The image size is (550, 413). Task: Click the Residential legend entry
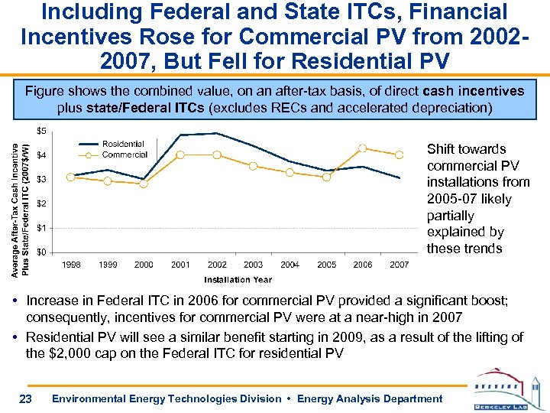coord(123,144)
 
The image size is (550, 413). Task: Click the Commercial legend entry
coord(125,154)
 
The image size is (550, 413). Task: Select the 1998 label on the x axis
coord(71,265)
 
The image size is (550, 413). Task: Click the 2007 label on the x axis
coord(400,265)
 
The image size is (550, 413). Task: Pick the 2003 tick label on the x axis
coord(254,265)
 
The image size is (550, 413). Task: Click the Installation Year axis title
coord(238,278)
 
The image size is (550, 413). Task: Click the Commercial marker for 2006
coord(363,148)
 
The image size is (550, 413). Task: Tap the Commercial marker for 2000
coord(144,184)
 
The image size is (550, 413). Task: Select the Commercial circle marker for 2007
coord(400,154)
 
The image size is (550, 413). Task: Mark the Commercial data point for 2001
coord(180,154)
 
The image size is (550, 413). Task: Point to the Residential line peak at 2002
coord(217,133)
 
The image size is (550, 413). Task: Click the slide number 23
coord(25,398)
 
